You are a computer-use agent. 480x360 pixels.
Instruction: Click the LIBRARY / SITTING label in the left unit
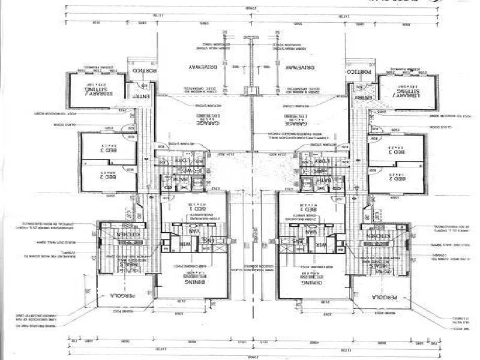click(x=96, y=91)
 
